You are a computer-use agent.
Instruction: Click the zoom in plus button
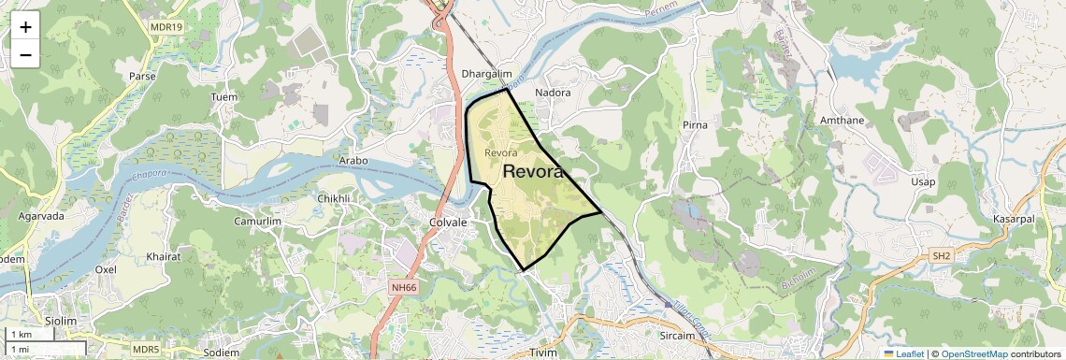25,27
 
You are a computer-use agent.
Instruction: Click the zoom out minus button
25,55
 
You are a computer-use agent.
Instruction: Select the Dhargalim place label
488,74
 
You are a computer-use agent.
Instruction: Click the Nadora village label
552,93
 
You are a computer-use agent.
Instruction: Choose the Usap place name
923,181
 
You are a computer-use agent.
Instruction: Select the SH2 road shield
941,254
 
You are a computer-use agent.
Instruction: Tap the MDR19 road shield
165,28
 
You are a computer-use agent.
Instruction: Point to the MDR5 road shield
145,349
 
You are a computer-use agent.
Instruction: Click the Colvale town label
447,223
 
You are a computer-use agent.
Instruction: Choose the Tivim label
543,353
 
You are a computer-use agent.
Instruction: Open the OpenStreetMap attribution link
973,353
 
